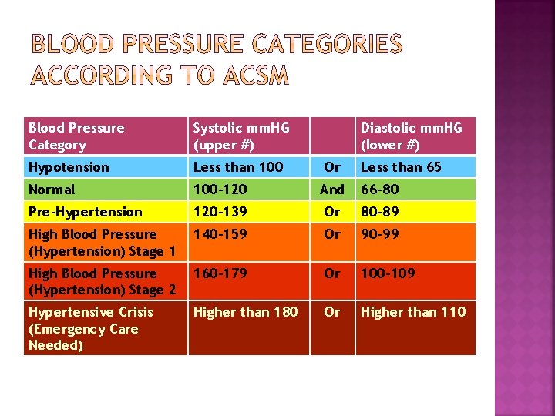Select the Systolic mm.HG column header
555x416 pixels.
[240, 136]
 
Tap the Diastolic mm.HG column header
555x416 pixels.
[412, 136]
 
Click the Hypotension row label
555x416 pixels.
[69, 167]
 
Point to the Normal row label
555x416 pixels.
[52, 190]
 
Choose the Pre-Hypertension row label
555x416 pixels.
[85, 212]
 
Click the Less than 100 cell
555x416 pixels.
[237, 167]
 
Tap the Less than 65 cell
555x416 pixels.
[401, 167]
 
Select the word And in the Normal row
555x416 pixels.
[332, 190]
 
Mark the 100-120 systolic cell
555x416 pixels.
[220, 190]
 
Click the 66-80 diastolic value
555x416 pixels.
[380, 190]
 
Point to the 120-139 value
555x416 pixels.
[220, 212]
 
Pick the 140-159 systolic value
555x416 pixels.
[220, 234]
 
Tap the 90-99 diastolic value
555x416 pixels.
[380, 234]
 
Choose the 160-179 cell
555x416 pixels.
[220, 273]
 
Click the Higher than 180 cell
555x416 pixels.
[245, 312]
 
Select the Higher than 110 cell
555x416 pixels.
[413, 312]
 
